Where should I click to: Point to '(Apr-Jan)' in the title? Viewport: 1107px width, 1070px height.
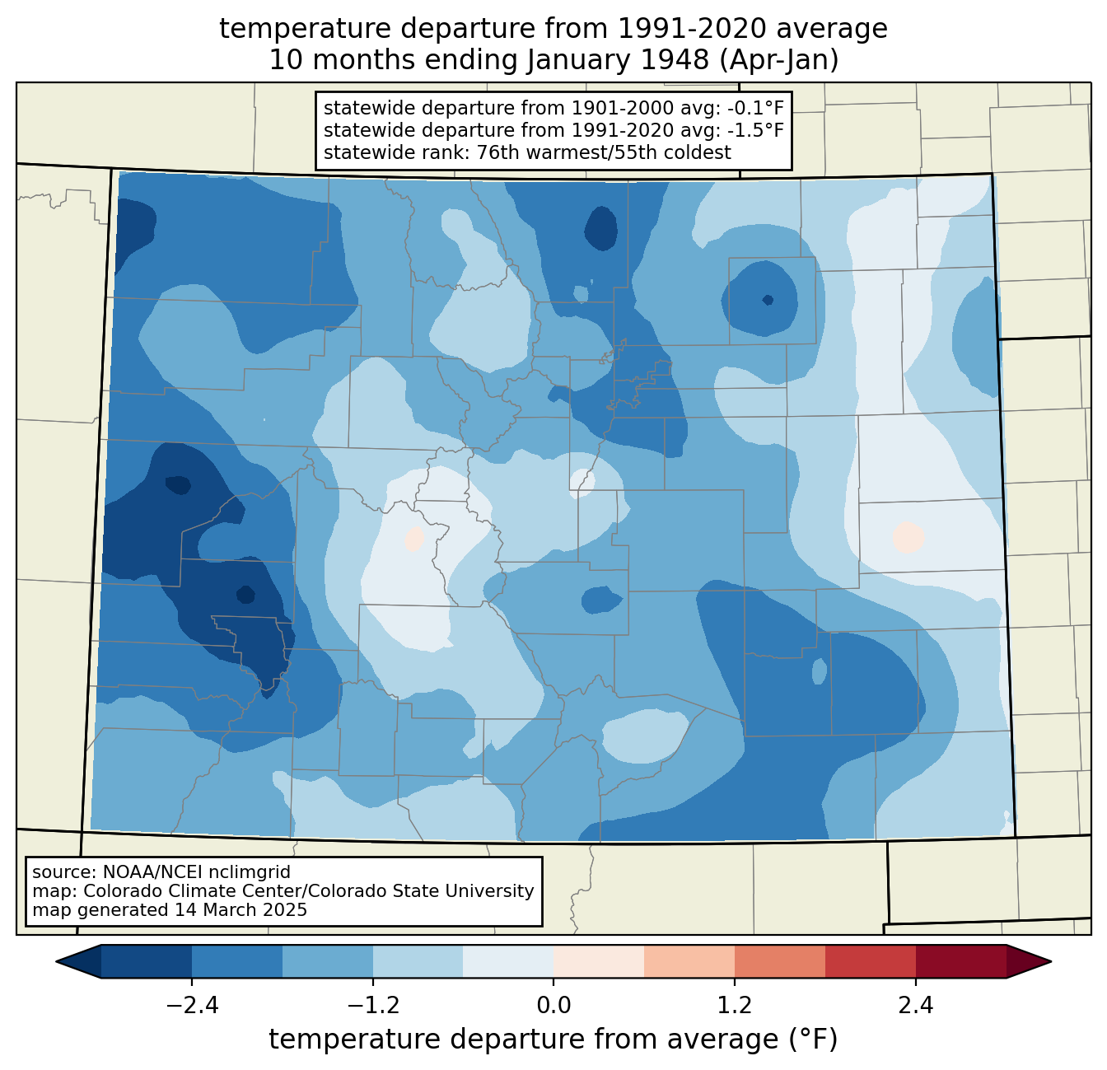778,60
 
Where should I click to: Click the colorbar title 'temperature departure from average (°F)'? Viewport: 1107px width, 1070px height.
553,1040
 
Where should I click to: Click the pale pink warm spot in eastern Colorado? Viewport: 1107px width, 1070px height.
908,538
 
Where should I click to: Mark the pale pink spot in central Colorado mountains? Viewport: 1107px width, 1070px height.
414,538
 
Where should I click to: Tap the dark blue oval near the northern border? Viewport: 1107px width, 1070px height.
601,227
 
